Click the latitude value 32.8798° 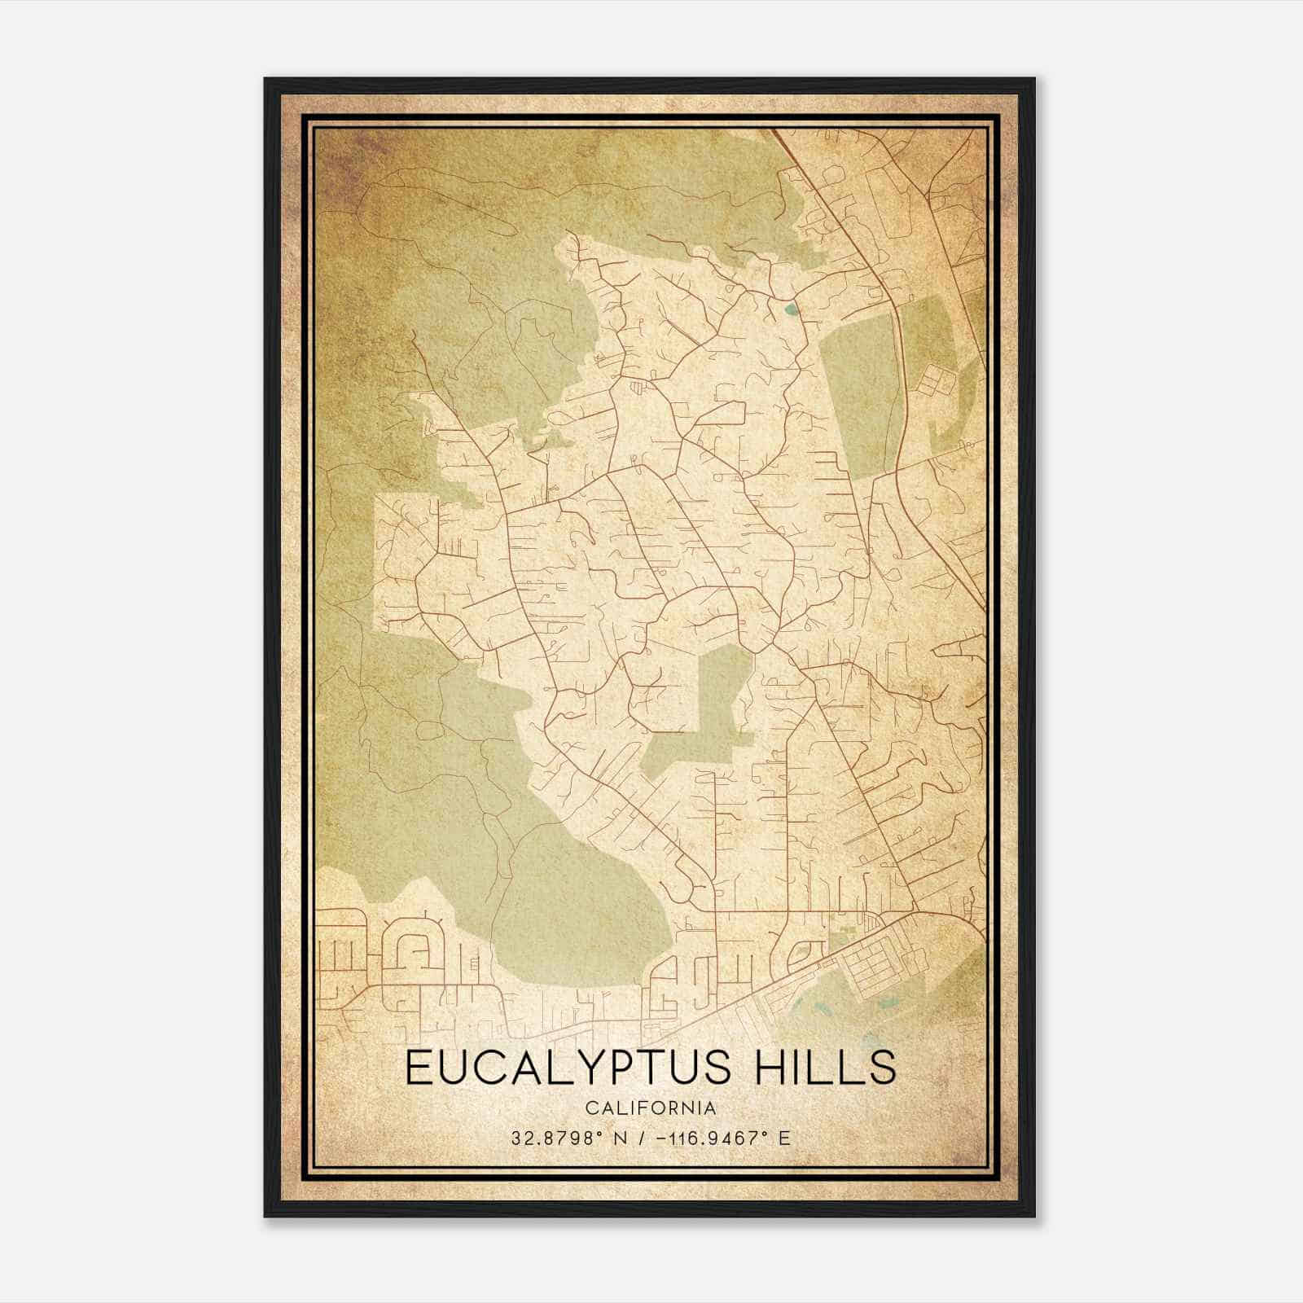[558, 1138]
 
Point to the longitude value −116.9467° [706, 1138]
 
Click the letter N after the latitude [621, 1138]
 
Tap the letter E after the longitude [784, 1138]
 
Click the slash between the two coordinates [643, 1138]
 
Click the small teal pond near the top [789, 309]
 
